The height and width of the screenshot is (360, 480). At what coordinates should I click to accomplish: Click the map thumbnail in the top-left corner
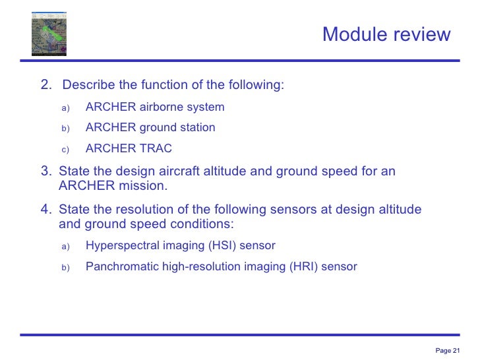[x=49, y=34]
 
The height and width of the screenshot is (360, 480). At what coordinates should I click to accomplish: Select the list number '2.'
[x=46, y=85]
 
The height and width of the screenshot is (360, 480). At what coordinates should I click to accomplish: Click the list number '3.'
[x=46, y=172]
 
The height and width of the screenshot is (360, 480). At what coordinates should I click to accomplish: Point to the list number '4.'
[x=46, y=210]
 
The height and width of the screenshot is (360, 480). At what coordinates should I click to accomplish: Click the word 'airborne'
[x=164, y=107]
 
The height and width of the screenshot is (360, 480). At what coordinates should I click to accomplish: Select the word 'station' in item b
[x=196, y=128]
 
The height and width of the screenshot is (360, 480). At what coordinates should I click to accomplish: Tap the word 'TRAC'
[x=156, y=149]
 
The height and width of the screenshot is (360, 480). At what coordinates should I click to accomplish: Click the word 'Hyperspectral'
[x=119, y=246]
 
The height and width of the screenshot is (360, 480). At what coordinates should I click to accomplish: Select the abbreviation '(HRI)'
[x=304, y=267]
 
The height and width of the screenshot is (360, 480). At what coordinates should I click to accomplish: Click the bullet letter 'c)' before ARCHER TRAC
[x=65, y=150]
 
